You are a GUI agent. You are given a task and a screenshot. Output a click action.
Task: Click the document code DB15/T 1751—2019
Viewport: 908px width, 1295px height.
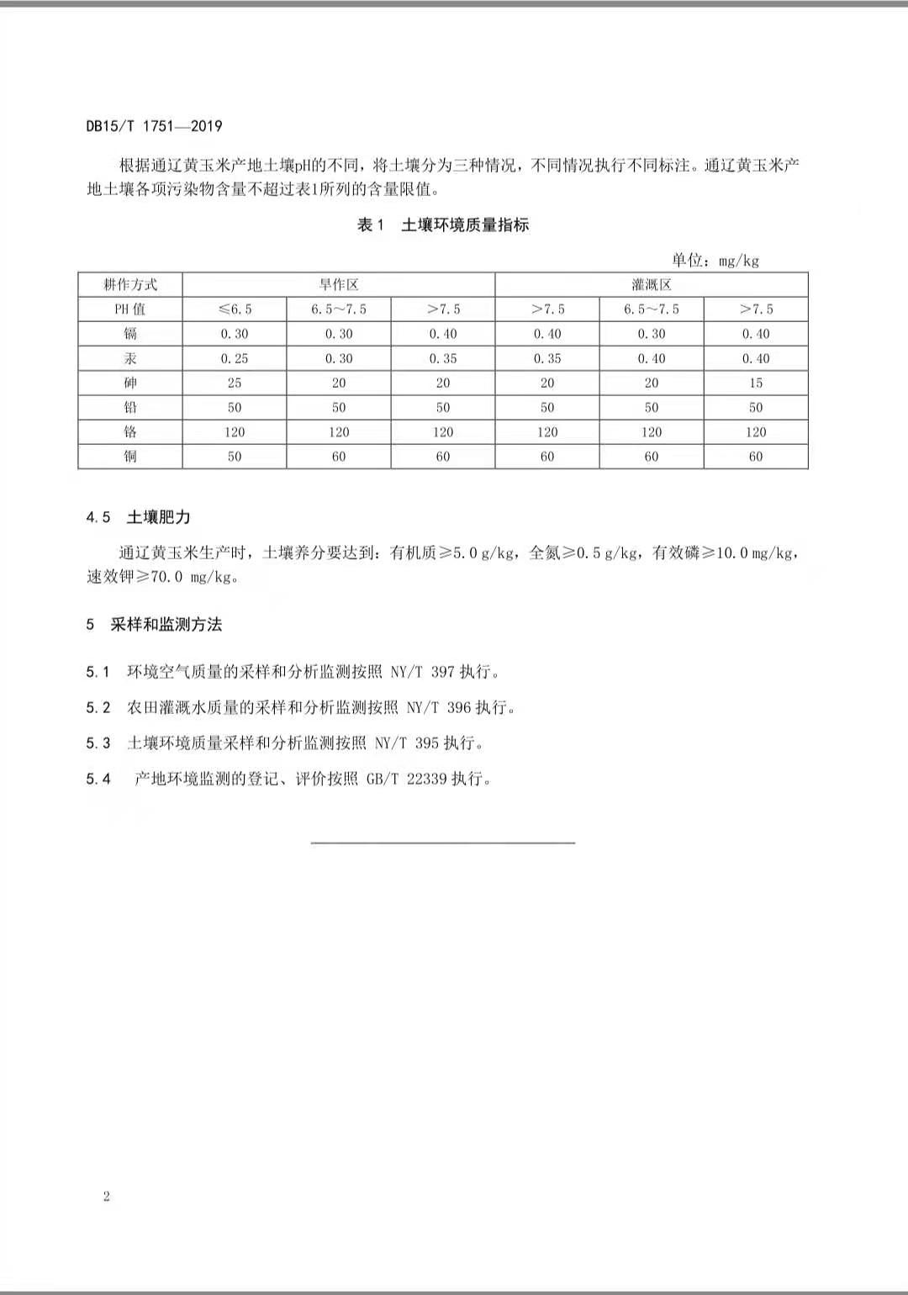154,126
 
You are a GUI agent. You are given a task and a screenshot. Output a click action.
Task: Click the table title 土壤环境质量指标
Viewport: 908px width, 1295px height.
465,225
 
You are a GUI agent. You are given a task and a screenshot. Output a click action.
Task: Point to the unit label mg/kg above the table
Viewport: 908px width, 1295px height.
739,261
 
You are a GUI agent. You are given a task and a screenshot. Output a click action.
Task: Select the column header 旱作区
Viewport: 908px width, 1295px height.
339,285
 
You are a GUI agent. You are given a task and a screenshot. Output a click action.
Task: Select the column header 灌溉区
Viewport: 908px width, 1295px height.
652,285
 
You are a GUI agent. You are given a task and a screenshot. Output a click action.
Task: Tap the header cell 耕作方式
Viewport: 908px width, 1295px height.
130,285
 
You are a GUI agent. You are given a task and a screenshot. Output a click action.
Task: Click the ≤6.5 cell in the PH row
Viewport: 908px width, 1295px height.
235,309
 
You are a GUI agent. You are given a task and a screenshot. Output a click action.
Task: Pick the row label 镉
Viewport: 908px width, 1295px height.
130,334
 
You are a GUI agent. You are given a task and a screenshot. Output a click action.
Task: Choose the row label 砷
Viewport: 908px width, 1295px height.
130,383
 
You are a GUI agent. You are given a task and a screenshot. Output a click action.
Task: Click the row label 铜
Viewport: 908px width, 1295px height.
130,457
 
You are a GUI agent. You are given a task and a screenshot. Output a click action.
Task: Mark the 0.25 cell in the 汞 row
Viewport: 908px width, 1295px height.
235,358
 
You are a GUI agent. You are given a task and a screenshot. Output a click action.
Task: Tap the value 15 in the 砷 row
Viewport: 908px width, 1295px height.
756,383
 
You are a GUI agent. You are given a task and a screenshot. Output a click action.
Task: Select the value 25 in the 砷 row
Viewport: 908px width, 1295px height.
235,383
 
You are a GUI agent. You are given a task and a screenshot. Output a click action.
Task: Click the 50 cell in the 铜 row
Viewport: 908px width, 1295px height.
235,457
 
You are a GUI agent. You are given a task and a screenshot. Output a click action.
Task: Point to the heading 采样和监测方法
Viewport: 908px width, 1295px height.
166,625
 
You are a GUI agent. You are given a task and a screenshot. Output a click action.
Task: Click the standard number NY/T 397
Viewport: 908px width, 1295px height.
422,672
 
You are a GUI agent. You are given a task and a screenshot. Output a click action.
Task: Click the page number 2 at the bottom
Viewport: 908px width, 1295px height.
107,1197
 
